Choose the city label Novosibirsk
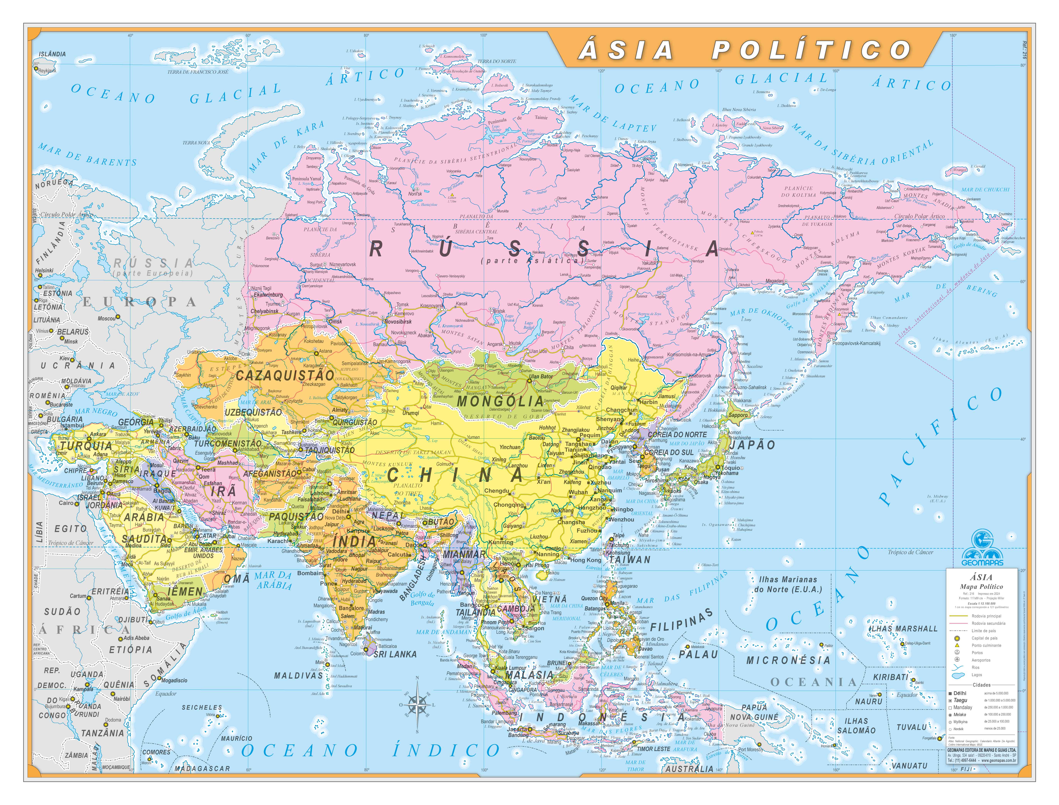(398, 322)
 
